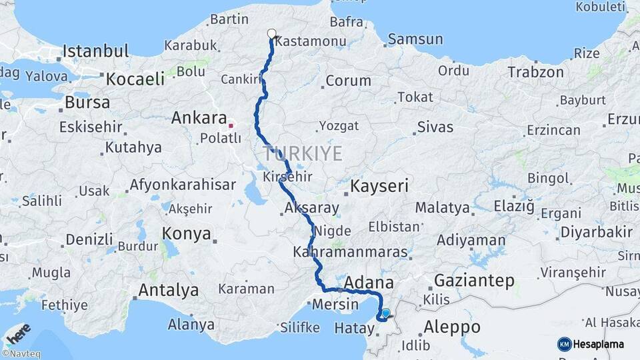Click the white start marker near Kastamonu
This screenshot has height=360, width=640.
click(x=271, y=33)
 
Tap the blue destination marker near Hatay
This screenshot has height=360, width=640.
click(x=385, y=313)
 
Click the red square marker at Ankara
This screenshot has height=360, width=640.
click(x=231, y=125)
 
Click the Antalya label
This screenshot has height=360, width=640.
click(x=168, y=290)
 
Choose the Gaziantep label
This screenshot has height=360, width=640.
click(x=474, y=281)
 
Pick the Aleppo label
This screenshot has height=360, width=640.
click(x=452, y=327)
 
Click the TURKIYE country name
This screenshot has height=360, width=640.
click(x=303, y=154)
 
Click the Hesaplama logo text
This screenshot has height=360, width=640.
click(x=597, y=344)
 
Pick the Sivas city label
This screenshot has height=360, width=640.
click(x=435, y=127)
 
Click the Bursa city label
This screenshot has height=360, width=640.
click(x=87, y=103)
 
